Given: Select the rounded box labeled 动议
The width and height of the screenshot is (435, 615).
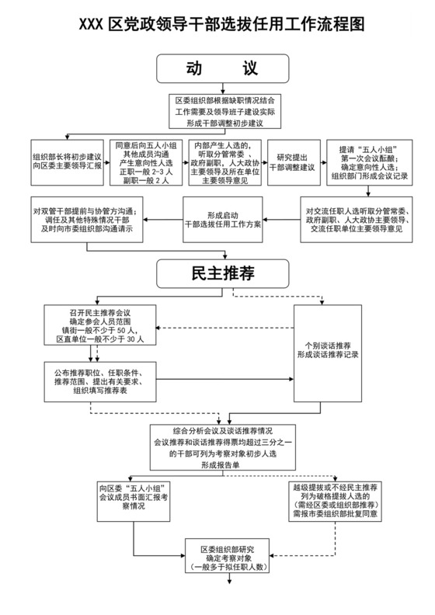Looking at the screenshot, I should (222, 69).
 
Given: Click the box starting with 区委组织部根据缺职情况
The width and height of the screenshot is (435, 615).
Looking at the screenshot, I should (224, 112).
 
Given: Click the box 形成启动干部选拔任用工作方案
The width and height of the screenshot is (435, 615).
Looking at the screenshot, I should (223, 218).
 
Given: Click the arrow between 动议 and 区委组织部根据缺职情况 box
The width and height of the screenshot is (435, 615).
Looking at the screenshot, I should (222, 89).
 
